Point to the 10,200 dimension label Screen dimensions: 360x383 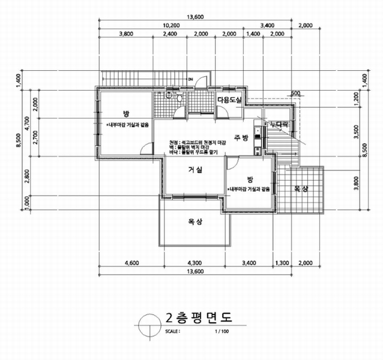coord(172,25)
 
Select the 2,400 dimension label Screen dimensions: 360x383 coord(170,34)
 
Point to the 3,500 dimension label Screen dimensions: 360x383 coord(357,129)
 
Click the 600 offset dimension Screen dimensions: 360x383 coord(295,93)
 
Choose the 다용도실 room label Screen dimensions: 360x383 coord(229,100)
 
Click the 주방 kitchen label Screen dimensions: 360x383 coord(241,138)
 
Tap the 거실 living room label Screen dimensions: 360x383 coord(194,170)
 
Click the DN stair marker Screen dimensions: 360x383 coord(190,80)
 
